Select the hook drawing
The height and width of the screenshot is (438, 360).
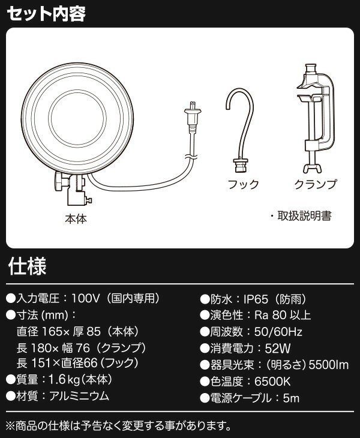[x=241, y=129]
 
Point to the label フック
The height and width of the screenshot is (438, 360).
[x=244, y=184]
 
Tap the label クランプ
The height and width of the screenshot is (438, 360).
[x=315, y=184]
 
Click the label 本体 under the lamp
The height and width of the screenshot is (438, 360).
[x=76, y=219]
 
